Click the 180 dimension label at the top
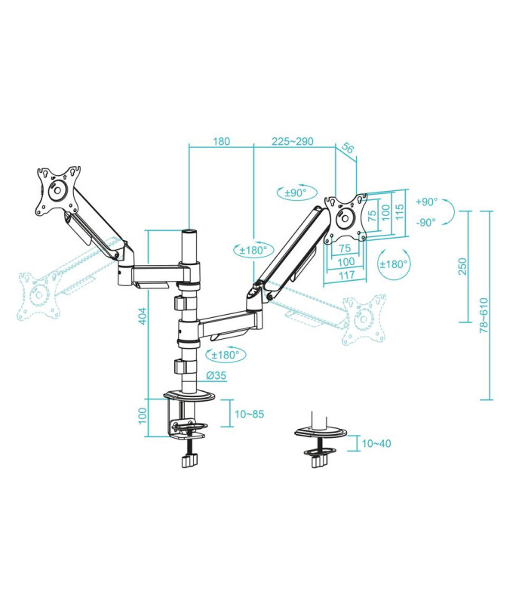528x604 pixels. point(221,141)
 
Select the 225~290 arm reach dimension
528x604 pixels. point(293,141)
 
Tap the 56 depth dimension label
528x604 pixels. point(348,149)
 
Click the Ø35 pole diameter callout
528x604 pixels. point(214,375)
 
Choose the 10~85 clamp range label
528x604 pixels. point(248,414)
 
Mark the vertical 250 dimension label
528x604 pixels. point(462,267)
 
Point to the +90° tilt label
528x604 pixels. point(426,202)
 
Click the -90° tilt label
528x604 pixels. point(426,222)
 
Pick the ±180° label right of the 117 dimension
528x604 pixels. point(393,264)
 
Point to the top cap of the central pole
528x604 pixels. point(188,230)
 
